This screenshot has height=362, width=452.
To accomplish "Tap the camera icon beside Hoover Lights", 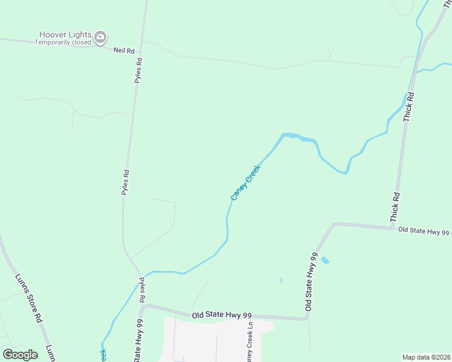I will click(101, 38).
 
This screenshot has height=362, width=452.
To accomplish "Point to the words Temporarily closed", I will click(63, 43).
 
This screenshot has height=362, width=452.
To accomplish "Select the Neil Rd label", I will click(123, 51).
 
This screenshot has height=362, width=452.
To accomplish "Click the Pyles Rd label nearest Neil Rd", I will click(138, 70).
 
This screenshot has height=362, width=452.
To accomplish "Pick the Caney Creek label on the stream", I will click(245, 183).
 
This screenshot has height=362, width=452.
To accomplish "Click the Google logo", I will click(21, 354).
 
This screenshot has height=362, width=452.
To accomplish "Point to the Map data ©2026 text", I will click(425, 357).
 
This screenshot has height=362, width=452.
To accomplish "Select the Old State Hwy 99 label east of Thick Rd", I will click(424, 232).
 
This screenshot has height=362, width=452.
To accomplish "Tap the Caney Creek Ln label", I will click(250, 340).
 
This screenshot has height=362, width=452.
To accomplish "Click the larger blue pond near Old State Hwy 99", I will click(325, 260).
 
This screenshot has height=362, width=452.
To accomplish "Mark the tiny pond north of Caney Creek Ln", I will click(281, 281).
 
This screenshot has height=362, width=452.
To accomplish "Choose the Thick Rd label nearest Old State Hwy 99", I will click(396, 206).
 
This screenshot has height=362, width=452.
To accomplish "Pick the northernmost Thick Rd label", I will click(410, 108).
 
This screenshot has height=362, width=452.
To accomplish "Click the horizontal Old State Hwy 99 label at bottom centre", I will click(222, 316).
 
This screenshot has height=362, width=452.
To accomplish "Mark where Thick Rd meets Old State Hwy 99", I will click(393, 227).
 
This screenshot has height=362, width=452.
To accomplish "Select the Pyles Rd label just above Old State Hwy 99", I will click(141, 290).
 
